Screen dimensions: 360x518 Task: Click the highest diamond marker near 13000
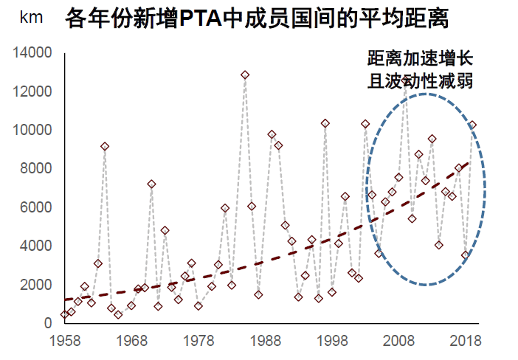tap(245, 75)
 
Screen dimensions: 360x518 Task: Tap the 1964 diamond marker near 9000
tap(105, 147)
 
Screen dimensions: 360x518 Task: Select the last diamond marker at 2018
tap(472, 125)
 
